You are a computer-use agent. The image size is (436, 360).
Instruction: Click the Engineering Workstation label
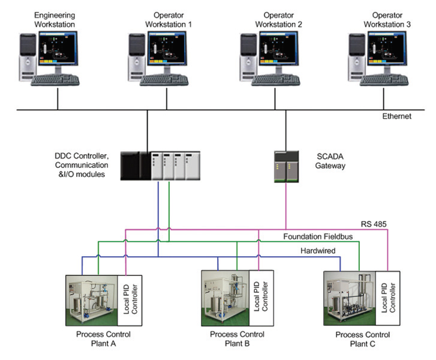point(55,19)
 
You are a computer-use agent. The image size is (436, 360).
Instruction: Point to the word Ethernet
point(396,116)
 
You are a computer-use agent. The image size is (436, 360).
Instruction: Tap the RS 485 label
point(373,224)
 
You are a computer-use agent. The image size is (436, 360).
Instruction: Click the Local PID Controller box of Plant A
point(130,298)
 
